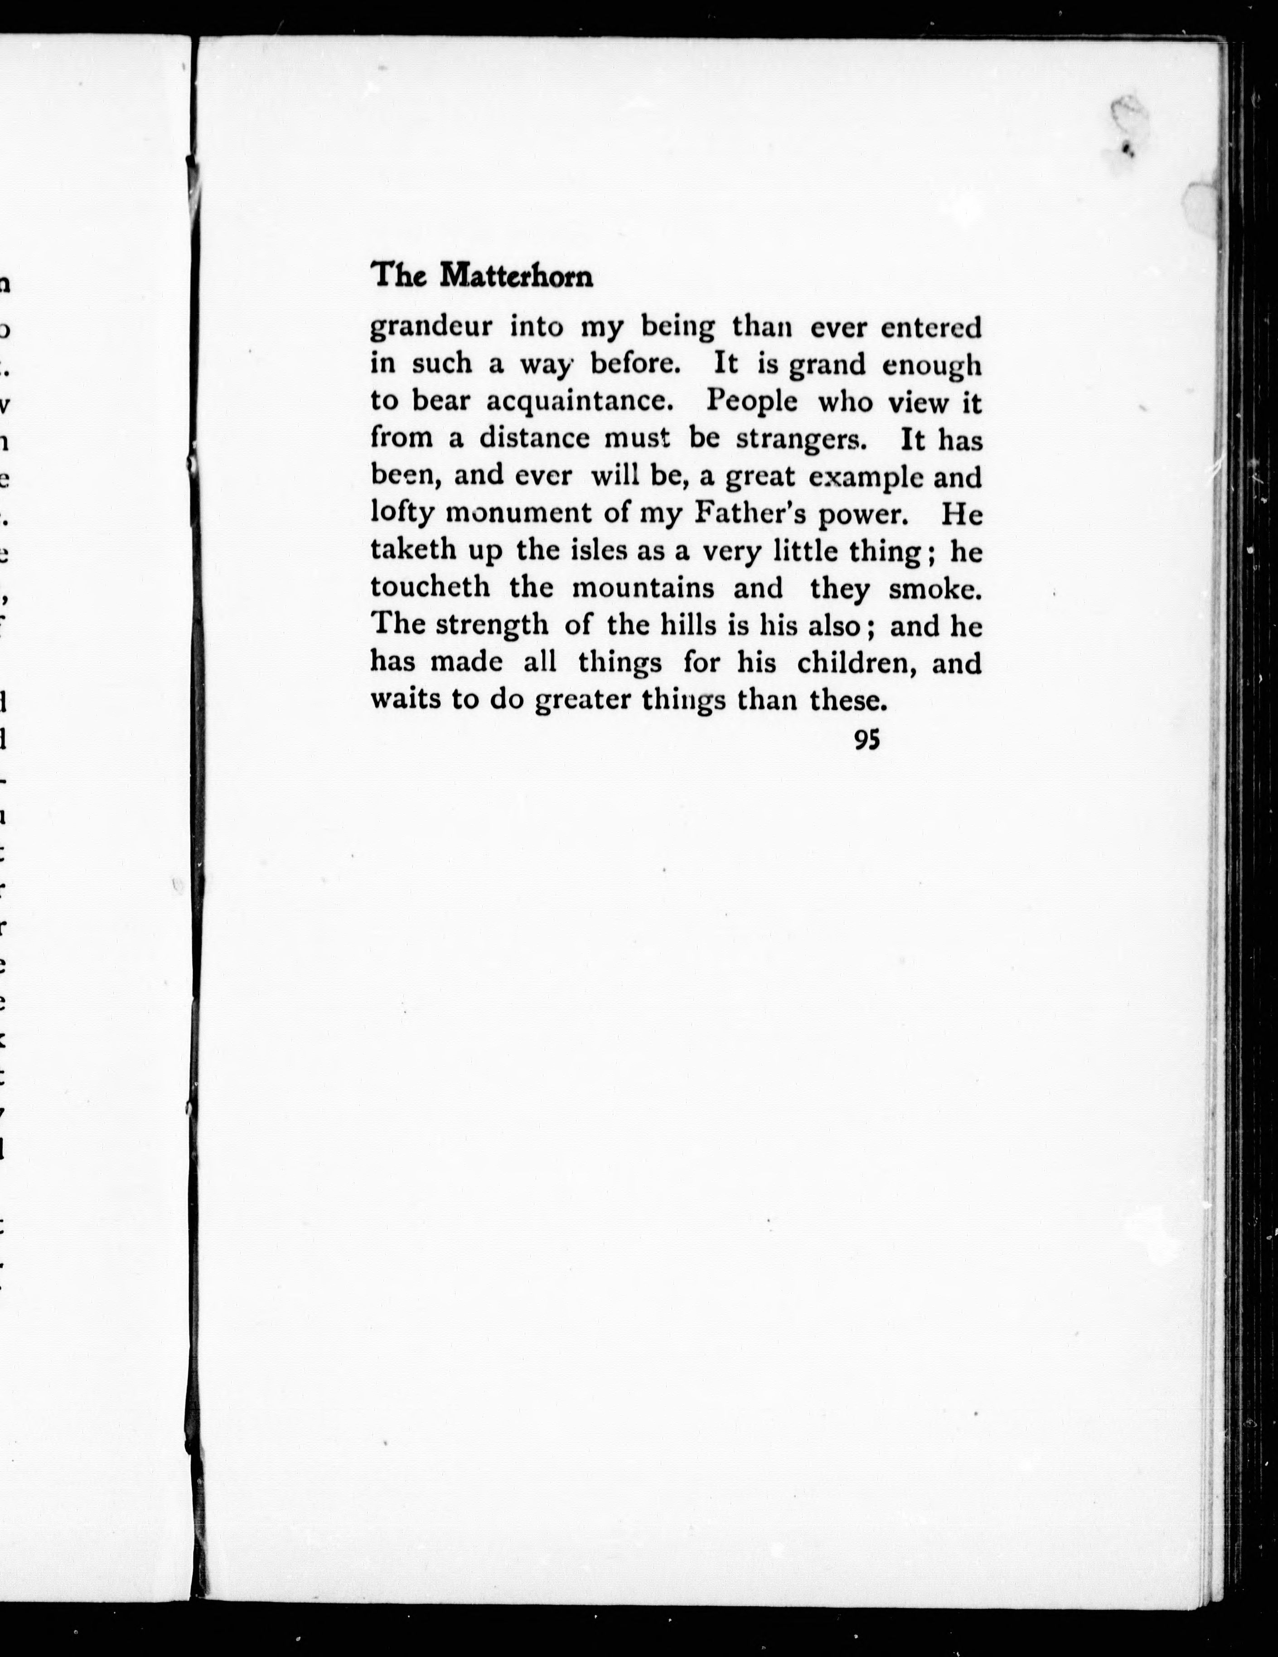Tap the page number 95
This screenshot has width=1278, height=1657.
point(866,740)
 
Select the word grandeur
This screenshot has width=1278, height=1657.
point(431,328)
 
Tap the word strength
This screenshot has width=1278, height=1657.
point(491,625)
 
